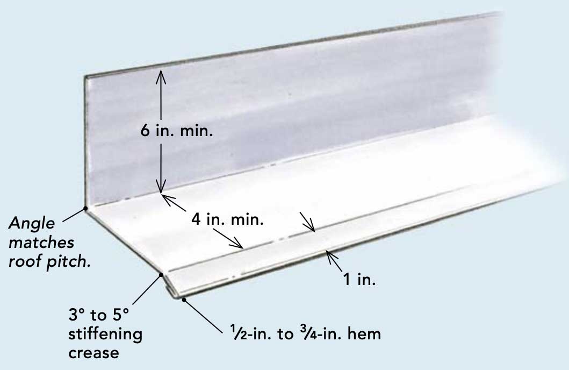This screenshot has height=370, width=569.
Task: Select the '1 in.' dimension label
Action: pyautogui.click(x=360, y=279)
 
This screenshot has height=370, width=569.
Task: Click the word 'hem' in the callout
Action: pyautogui.click(x=364, y=333)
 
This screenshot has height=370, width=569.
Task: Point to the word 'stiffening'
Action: pyautogui.click(x=105, y=335)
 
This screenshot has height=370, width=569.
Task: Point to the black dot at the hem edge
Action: pyautogui.click(x=184, y=300)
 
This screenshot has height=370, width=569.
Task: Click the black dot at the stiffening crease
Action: pyautogui.click(x=160, y=275)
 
